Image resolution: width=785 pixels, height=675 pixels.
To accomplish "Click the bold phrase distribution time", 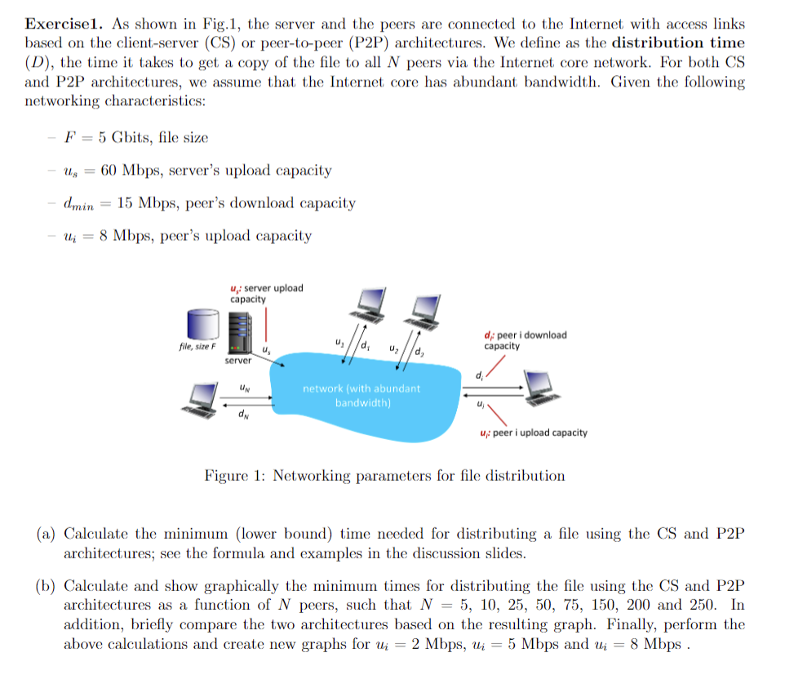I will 678,43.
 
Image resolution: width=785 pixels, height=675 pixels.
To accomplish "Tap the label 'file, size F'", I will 197,346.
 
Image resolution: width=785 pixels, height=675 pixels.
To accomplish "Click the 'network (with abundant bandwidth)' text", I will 361,396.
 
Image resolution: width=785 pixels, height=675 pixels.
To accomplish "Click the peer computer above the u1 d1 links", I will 368,303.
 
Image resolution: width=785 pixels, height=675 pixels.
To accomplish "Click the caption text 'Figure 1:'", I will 234,476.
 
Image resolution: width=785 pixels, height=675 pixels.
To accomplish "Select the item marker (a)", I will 46,535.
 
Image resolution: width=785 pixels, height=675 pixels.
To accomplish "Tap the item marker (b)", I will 46,587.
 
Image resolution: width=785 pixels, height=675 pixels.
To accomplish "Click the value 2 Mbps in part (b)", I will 432,644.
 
